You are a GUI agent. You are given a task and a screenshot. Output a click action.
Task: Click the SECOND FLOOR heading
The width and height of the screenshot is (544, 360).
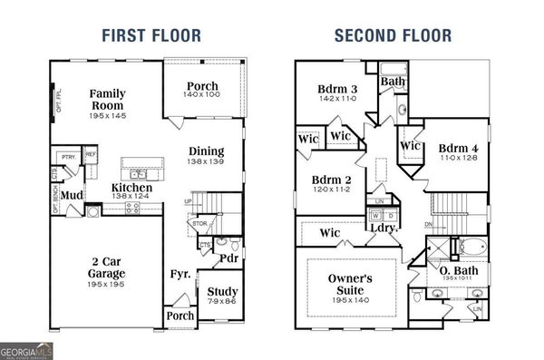coord(393,36)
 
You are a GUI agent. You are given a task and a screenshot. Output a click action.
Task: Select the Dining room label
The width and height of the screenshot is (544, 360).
coord(206,151)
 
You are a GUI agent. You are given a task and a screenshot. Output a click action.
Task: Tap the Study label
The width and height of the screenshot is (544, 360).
coord(222,292)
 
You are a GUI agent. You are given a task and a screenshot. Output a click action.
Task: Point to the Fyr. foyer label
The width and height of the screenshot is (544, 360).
coord(180,273)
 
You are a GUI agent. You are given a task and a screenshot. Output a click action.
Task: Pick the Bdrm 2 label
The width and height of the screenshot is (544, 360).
coord(333,180)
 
